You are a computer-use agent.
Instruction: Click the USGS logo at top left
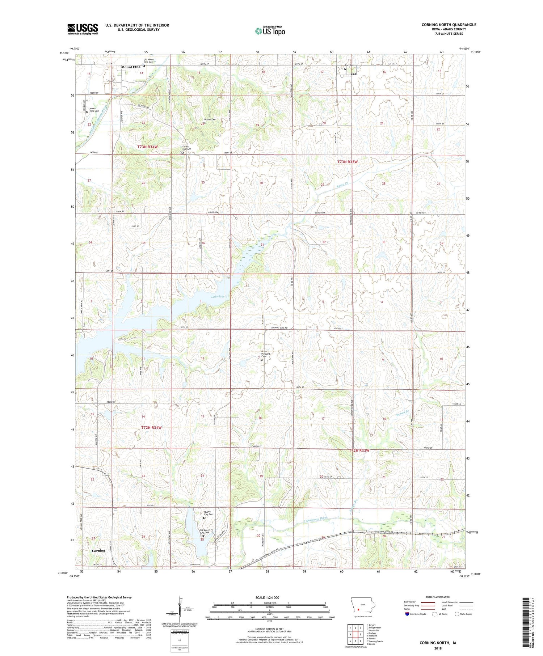point(83,29)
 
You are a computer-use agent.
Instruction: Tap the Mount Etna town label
point(131,67)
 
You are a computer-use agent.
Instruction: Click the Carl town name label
point(354,74)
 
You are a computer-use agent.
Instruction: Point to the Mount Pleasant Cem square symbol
point(262,360)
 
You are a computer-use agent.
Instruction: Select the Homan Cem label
point(210,119)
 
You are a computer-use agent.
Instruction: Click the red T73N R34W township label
point(148,147)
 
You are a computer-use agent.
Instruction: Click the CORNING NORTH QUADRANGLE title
point(449,25)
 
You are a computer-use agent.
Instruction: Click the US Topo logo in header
point(270,31)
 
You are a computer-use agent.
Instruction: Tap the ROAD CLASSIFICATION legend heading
point(438,597)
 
